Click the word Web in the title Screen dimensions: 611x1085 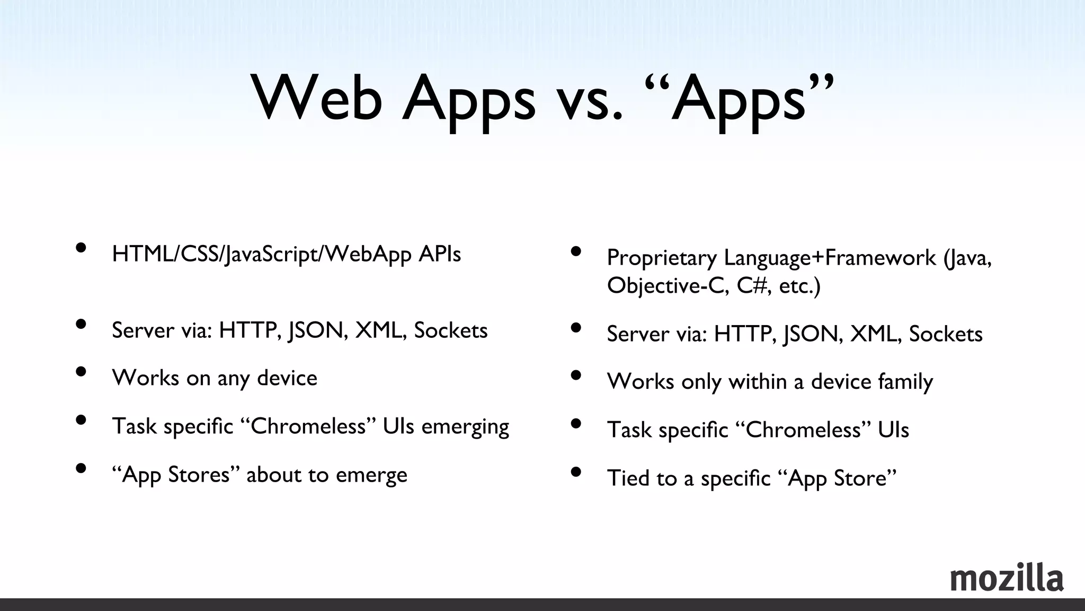click(x=316, y=99)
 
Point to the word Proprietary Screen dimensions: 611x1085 click(x=662, y=258)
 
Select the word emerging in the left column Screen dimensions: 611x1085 click(x=465, y=427)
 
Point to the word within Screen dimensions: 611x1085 click(x=758, y=382)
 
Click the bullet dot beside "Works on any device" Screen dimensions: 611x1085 click(x=81, y=371)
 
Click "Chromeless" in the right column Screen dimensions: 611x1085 click(x=803, y=430)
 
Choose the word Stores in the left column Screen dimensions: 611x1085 click(x=199, y=475)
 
